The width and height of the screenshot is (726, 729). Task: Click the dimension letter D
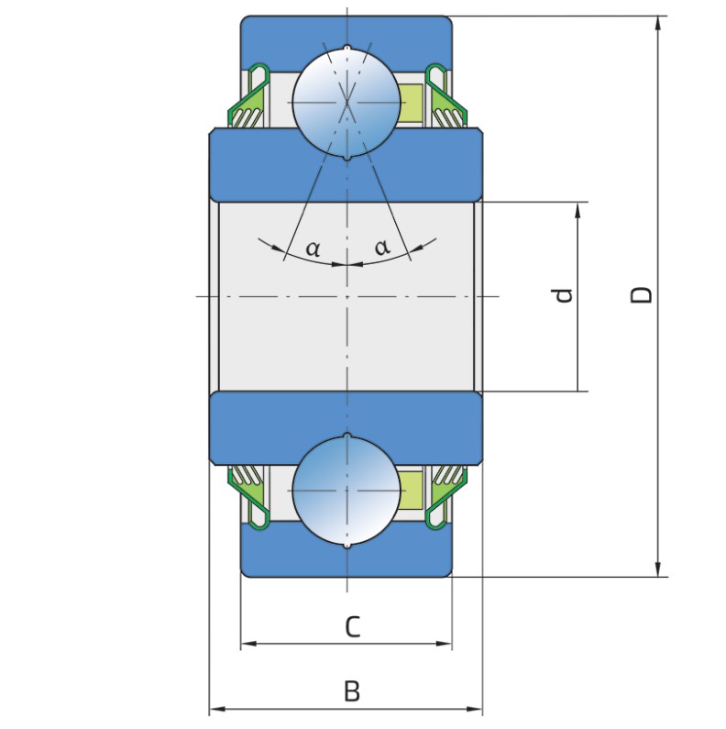[642, 294]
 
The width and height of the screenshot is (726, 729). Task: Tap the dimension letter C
[352, 626]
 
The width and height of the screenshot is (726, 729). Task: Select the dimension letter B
[352, 691]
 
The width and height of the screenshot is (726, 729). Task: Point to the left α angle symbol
[313, 249]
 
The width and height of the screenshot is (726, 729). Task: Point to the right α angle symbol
[382, 247]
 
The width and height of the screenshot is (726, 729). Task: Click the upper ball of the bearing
[346, 103]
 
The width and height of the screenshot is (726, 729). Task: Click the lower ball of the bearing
[346, 491]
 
